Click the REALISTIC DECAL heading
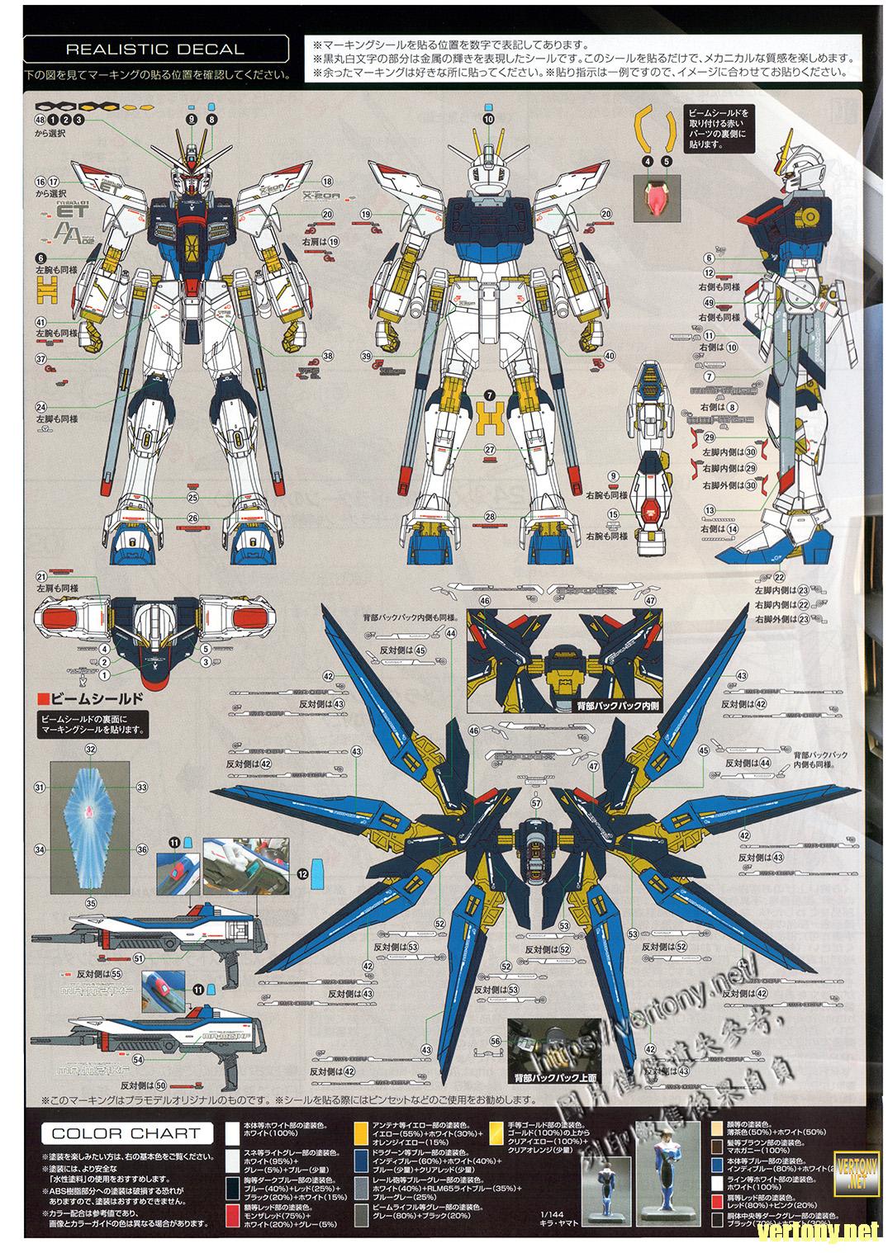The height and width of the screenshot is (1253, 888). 154,49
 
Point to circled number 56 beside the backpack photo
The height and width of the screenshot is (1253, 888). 495,1041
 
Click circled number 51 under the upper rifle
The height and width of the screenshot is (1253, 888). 139,959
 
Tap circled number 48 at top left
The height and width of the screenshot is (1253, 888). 40,120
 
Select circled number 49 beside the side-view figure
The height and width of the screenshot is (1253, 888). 709,303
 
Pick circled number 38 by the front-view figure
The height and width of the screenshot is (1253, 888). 327,356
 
